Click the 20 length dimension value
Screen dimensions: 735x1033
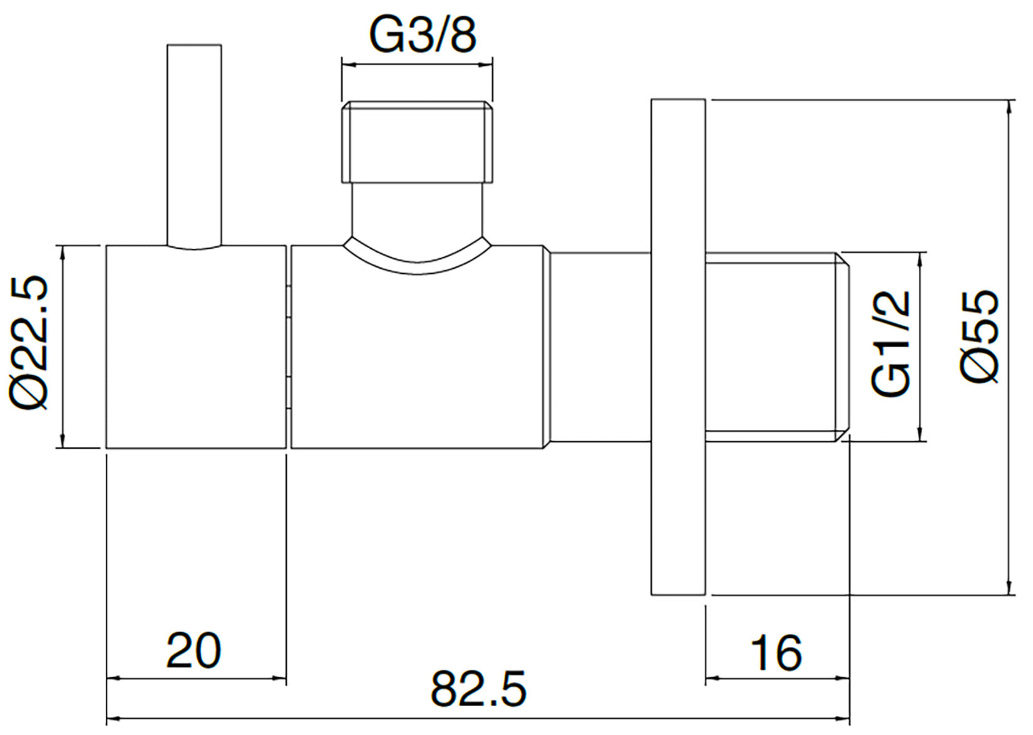click(193, 651)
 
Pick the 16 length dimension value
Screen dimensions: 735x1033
click(776, 653)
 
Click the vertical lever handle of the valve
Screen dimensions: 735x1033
click(194, 144)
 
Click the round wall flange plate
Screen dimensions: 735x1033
click(678, 347)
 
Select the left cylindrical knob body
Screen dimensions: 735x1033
click(195, 347)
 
